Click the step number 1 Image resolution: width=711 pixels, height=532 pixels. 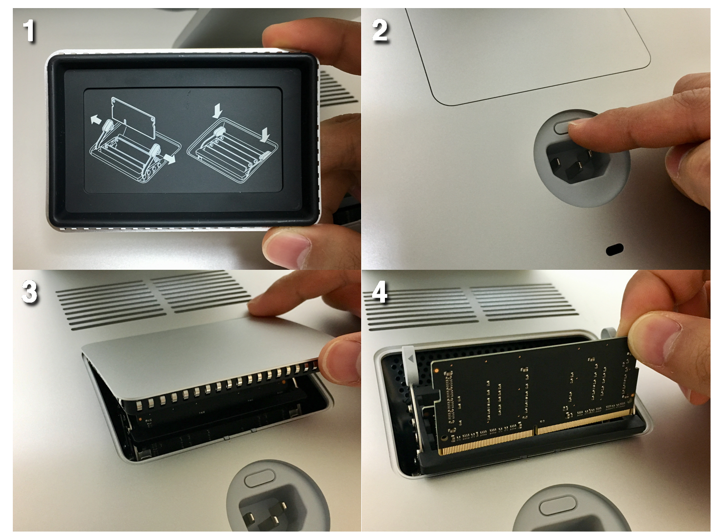coord(30,31)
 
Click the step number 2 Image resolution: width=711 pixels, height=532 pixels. coord(380,31)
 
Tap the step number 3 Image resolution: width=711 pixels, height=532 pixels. coord(29,292)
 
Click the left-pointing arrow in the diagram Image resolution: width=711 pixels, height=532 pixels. coord(96,120)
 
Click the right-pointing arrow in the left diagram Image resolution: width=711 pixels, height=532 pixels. coord(169,158)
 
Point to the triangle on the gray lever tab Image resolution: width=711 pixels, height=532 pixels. coord(412,359)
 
